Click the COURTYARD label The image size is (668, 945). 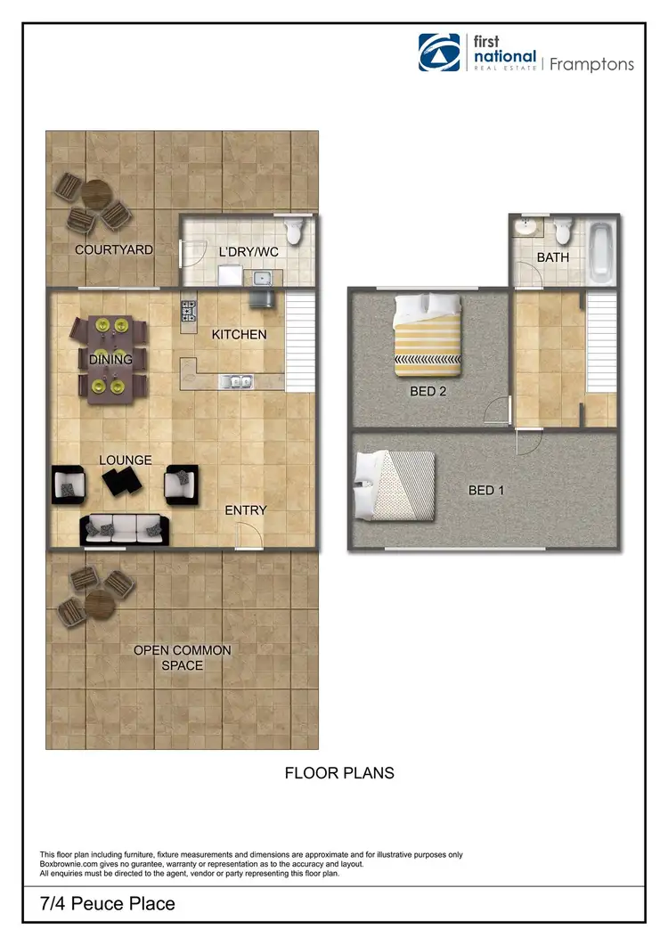[x=113, y=250]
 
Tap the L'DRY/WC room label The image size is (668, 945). [x=248, y=252]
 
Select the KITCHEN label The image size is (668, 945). [x=238, y=335]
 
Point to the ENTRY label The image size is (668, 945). [x=246, y=510]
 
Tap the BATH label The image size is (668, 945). [x=552, y=257]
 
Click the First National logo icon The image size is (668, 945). [x=441, y=53]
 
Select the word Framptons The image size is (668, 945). [x=591, y=64]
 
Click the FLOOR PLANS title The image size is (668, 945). [x=339, y=773]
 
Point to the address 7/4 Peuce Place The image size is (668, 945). [x=108, y=904]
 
